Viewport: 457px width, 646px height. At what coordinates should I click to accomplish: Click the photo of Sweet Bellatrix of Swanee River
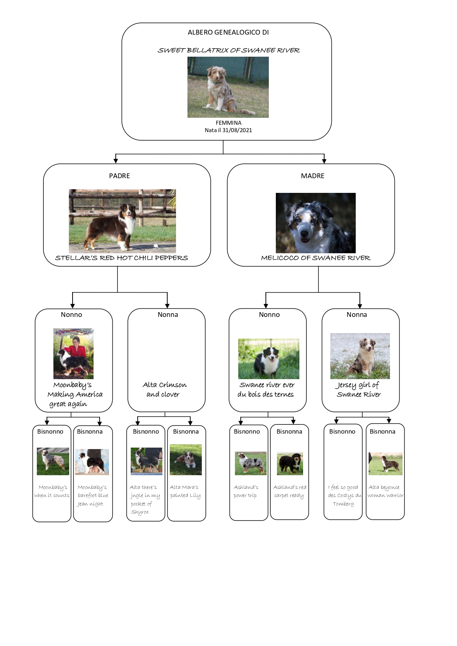(x=228, y=87)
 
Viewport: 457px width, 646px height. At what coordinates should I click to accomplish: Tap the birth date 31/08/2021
(x=237, y=130)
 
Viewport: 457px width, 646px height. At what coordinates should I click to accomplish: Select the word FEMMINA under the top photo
(x=229, y=123)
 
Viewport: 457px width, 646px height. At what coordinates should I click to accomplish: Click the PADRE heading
(x=119, y=176)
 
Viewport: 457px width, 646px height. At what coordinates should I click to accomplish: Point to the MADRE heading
(x=313, y=176)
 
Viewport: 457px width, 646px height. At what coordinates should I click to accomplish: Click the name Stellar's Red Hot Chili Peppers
(x=122, y=258)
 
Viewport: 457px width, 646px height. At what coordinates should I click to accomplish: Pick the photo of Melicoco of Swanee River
(x=316, y=223)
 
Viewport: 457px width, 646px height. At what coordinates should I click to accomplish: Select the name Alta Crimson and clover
(x=164, y=389)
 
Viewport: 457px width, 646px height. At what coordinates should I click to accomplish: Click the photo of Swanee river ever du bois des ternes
(x=269, y=359)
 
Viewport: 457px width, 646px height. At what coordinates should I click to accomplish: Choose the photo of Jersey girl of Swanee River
(x=360, y=356)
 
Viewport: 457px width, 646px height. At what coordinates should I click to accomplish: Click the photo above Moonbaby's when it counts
(x=53, y=461)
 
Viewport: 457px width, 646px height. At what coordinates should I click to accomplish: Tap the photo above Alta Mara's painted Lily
(x=186, y=460)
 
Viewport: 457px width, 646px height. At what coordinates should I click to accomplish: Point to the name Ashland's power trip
(x=246, y=491)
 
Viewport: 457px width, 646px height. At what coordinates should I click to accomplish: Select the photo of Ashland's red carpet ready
(x=290, y=463)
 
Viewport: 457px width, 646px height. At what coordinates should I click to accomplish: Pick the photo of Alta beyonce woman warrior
(x=386, y=464)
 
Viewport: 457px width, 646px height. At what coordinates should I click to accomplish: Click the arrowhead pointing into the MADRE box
(x=324, y=160)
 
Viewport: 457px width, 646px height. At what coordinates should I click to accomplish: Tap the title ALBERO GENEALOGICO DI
(x=228, y=32)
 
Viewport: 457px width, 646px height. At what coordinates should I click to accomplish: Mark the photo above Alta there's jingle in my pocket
(x=147, y=461)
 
